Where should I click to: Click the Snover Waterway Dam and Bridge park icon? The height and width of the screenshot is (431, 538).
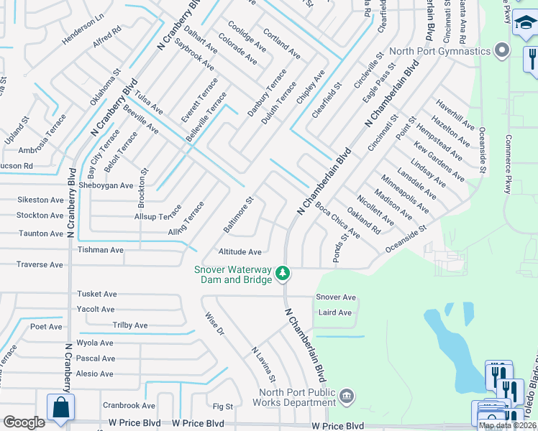(x=283, y=273)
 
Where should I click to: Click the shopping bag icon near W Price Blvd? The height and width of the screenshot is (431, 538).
(x=61, y=407)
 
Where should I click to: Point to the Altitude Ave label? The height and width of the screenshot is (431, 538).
(x=240, y=252)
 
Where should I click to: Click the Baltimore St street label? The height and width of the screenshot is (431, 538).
(x=238, y=216)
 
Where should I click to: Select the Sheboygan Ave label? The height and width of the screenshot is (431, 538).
(x=106, y=185)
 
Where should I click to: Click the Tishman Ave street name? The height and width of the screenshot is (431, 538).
(x=101, y=250)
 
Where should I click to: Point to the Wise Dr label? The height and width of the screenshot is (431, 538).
(x=214, y=324)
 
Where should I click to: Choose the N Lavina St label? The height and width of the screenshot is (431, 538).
(x=263, y=364)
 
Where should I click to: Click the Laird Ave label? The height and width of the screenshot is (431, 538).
(x=334, y=312)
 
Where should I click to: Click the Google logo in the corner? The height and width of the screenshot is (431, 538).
(x=24, y=422)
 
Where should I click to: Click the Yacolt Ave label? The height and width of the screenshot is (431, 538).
(x=96, y=310)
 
